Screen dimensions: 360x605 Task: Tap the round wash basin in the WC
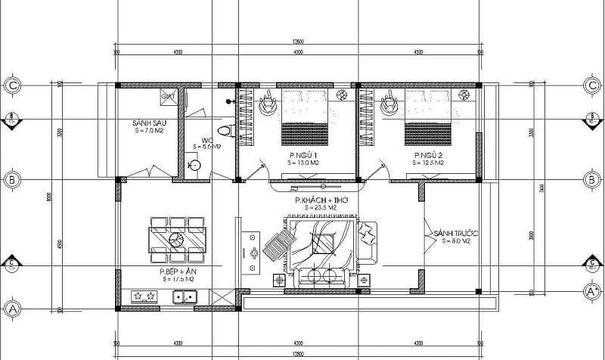coord(194,166)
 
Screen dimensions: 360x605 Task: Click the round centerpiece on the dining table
coord(176,240)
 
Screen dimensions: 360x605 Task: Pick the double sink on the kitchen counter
coord(185,296)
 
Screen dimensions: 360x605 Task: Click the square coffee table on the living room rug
coord(322,244)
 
